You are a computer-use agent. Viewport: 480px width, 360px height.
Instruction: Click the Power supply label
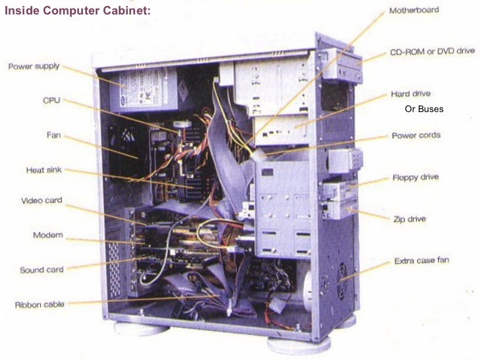pyautogui.click(x=34, y=66)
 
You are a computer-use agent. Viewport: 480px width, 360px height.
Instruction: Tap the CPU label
pyautogui.click(x=51, y=100)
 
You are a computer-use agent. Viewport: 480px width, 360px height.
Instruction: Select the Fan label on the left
pyautogui.click(x=53, y=135)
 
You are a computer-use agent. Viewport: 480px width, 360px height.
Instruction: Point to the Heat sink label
pyautogui.click(x=44, y=170)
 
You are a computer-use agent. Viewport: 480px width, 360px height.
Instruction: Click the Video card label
pyautogui.click(x=42, y=200)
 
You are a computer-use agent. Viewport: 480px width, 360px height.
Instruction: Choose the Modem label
pyautogui.click(x=47, y=235)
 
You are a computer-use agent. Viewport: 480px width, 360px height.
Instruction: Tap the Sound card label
pyautogui.click(x=42, y=270)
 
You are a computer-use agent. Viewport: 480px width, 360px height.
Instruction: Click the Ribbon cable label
pyautogui.click(x=39, y=305)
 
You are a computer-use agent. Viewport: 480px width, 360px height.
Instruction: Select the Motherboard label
pyautogui.click(x=414, y=11)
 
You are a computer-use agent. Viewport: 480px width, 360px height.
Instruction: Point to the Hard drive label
pyautogui.click(x=410, y=94)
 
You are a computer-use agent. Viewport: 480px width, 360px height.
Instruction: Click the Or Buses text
pyautogui.click(x=424, y=109)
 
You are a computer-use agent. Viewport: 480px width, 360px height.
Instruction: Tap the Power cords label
pyautogui.click(x=416, y=136)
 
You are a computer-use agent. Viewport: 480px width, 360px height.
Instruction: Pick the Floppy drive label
pyautogui.click(x=415, y=177)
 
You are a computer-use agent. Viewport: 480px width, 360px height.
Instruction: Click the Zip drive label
pyautogui.click(x=409, y=218)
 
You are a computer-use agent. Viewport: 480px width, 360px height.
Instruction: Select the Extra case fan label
pyautogui.click(x=421, y=260)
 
